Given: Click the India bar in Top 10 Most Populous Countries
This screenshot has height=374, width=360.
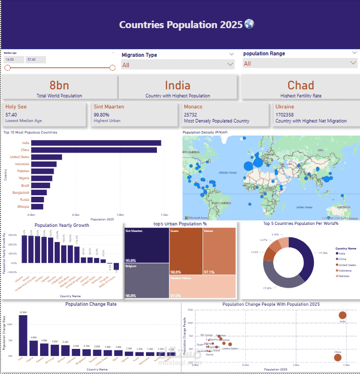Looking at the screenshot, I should (x=95, y=143).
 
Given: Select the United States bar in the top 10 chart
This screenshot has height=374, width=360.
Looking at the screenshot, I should (x=46, y=157).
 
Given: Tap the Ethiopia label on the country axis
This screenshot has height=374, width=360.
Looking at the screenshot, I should (x=22, y=206).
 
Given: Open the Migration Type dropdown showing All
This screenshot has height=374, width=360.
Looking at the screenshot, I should (x=177, y=64).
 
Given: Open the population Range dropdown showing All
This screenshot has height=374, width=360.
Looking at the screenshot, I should (x=299, y=64).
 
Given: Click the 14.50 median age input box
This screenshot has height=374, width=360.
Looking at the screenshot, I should (x=14, y=60).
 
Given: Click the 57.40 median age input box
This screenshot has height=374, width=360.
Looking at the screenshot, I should (x=35, y=60).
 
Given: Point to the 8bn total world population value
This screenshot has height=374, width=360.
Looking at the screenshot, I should (x=59, y=85).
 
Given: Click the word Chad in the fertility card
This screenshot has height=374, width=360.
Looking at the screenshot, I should (x=300, y=85).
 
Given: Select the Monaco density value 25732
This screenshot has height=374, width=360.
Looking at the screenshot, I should (x=190, y=114).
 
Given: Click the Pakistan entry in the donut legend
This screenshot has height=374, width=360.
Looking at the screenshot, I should (x=343, y=276).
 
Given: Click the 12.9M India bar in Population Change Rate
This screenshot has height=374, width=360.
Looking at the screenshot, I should (x=23, y=335).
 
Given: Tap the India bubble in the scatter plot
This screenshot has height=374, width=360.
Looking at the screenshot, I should (x=342, y=315).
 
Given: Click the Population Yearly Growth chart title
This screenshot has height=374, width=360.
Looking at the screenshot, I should (x=62, y=225).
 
